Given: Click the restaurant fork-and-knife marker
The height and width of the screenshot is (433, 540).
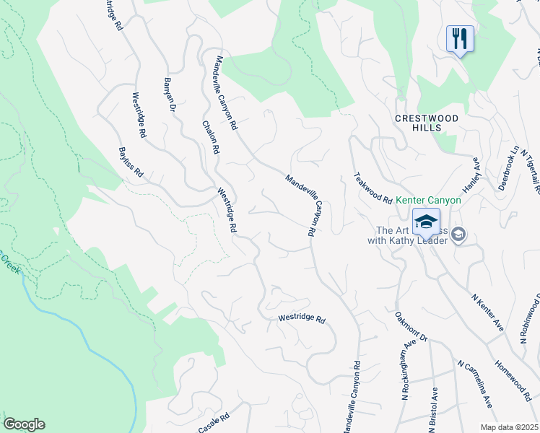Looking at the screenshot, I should coord(459,38).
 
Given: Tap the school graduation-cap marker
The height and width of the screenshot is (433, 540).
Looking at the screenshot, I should coord(426,220).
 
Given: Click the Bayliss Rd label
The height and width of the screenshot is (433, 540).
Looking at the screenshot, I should coord(131,164).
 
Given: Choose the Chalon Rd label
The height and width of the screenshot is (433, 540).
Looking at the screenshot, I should coord(210,136).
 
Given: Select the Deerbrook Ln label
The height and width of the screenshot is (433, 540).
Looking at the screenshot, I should coord(508,169).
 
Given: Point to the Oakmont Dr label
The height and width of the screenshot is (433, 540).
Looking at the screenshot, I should coord(411,326).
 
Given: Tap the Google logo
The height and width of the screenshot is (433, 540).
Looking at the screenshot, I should coord(24,424).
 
